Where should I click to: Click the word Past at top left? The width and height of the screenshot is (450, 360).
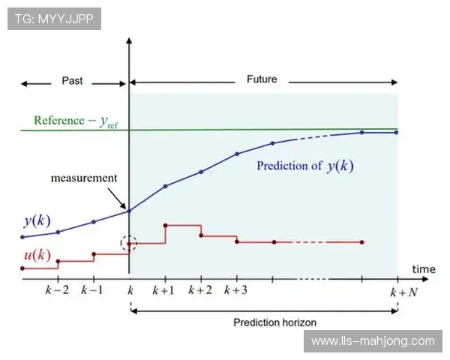point(72,80)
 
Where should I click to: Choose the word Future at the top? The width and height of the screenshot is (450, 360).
point(262,79)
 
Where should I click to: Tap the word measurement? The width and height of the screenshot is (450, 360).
point(84,178)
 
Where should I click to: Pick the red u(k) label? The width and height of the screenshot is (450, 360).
point(37,254)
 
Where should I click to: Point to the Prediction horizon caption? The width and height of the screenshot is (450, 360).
point(274,322)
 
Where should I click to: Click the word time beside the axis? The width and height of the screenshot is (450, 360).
point(422,268)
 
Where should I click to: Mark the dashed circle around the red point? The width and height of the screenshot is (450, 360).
point(129,243)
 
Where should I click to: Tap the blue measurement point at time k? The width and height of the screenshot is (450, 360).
point(129,211)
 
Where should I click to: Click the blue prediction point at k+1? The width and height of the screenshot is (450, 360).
point(165,186)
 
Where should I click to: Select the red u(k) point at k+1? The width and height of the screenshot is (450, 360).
point(165,225)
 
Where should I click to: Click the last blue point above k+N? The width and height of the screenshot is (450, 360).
point(396,133)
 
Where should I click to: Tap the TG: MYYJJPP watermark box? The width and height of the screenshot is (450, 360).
point(54,19)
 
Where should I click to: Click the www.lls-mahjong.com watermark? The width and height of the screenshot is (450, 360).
point(372,341)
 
